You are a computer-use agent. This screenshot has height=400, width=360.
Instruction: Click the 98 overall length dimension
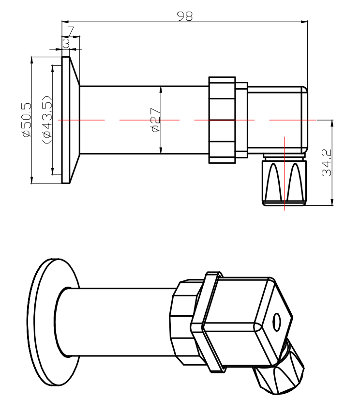click(184, 16)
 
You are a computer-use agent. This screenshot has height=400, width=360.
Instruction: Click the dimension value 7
click(71, 31)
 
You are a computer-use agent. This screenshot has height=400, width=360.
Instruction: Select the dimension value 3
click(66, 43)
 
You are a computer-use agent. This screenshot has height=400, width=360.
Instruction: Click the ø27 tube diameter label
click(155, 120)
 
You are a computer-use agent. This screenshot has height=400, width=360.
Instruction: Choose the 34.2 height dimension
click(327, 163)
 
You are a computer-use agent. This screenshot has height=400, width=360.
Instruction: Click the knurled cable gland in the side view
click(285, 181)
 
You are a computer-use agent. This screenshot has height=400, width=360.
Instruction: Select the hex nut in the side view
click(222, 120)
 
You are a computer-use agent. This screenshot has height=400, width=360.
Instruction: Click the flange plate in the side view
click(66, 120)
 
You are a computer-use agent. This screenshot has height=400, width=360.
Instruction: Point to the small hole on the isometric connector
click(277, 320)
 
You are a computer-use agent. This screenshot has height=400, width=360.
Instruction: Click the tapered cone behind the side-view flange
click(75, 120)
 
